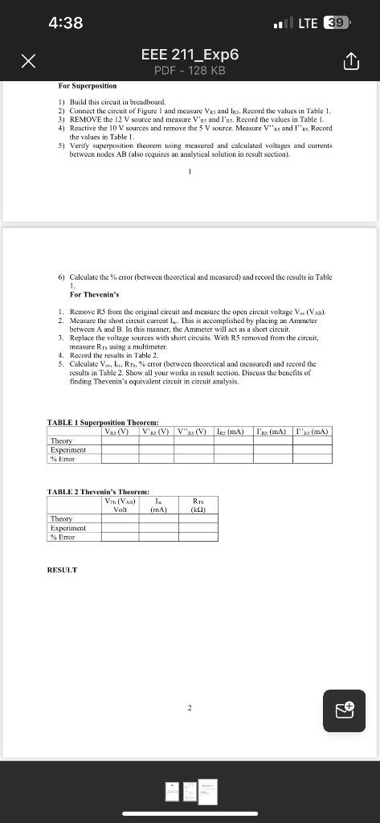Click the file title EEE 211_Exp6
click(x=190, y=55)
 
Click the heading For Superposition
click(x=88, y=85)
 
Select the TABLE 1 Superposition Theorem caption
click(x=103, y=423)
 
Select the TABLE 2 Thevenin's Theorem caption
click(x=99, y=491)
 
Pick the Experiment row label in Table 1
click(x=67, y=449)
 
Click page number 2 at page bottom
click(x=190, y=708)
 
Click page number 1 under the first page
click(x=190, y=170)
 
